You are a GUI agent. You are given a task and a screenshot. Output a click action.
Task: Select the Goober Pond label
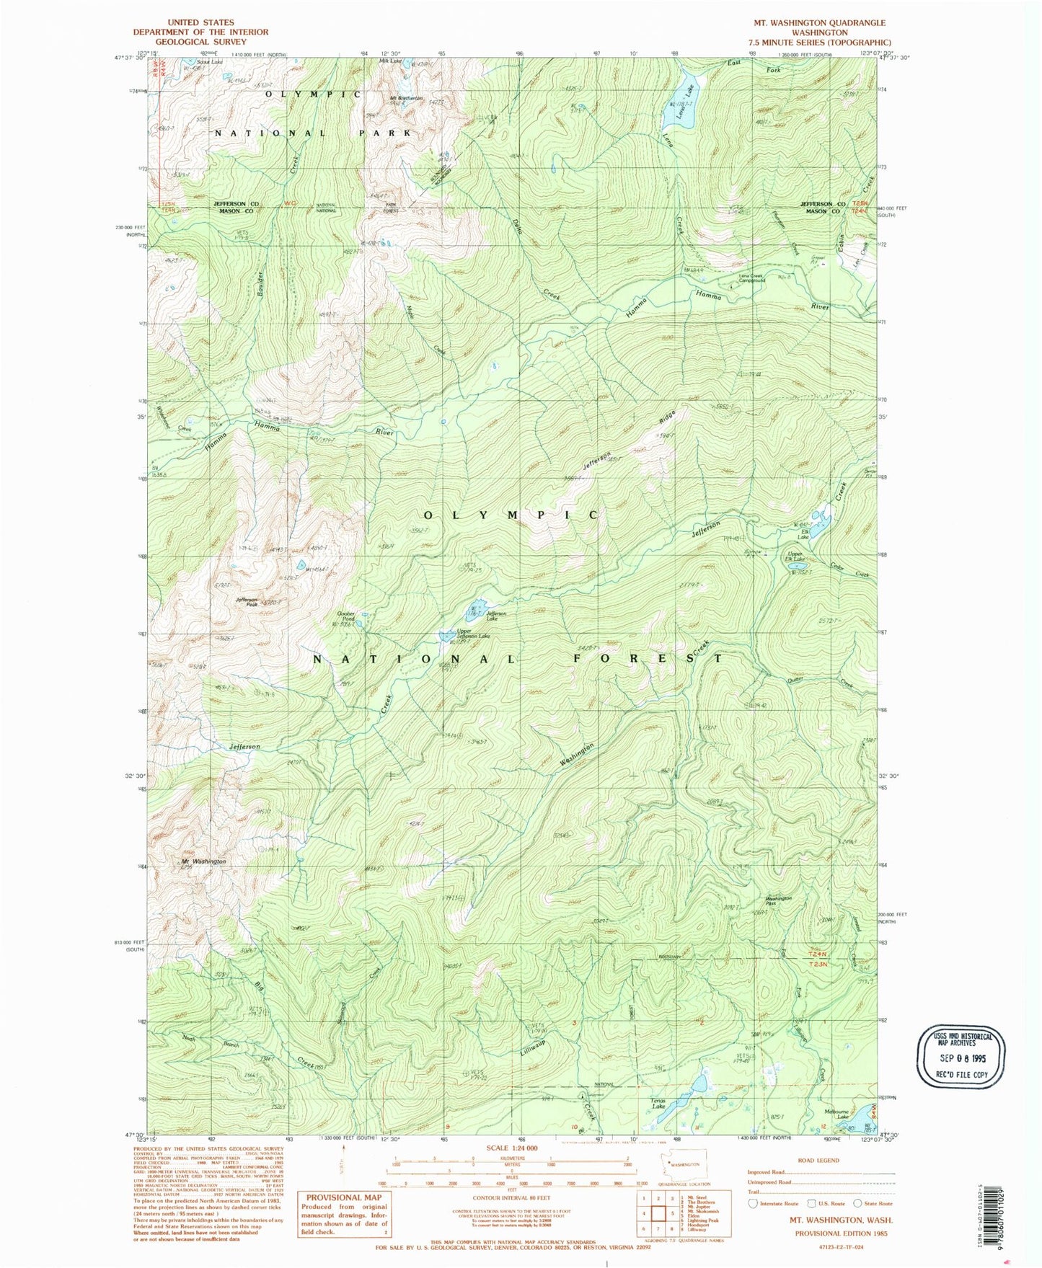[x=347, y=616]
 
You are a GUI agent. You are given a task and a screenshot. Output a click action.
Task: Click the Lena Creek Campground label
[x=751, y=278]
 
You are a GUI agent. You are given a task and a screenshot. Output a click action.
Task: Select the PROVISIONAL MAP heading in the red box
[x=343, y=1197]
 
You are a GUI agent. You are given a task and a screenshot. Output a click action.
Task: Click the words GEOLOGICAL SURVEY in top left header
[x=200, y=42]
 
